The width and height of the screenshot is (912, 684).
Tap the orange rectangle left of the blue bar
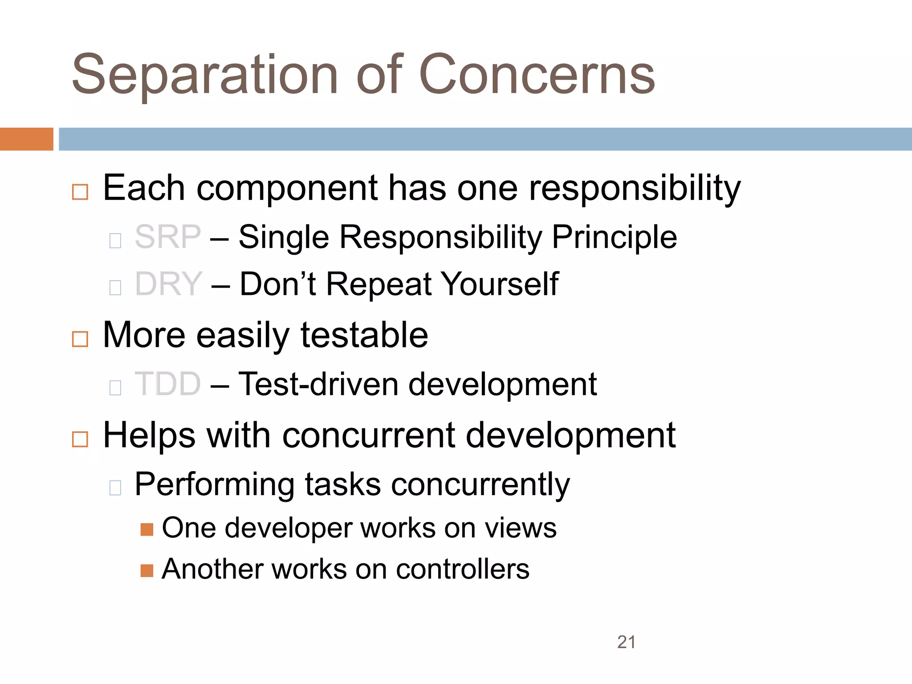tap(26, 139)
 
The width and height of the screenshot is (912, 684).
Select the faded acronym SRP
tap(168, 237)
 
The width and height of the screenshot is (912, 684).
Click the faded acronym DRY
tap(169, 284)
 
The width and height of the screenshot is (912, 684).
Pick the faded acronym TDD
tap(168, 384)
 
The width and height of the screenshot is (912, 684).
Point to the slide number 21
tap(626, 642)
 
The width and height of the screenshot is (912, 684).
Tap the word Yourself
tap(500, 284)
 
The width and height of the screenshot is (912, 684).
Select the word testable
tap(364, 335)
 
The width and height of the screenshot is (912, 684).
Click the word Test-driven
tap(318, 384)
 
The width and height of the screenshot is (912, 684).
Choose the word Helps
tap(149, 436)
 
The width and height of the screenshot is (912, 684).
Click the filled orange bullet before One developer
tap(147, 529)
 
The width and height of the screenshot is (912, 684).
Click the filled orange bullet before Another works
tap(147, 570)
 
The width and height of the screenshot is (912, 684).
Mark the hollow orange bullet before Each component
tap(80, 192)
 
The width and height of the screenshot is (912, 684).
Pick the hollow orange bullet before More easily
tap(80, 339)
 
